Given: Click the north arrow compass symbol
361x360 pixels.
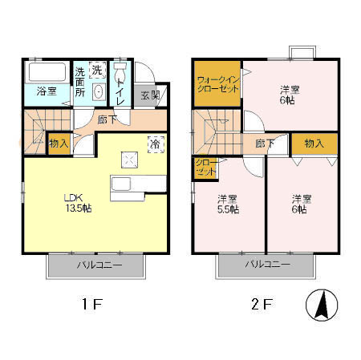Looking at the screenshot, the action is point(322,305).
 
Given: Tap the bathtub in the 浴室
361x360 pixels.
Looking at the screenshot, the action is point(47,71).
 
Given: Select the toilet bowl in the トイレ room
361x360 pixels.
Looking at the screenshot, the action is point(120,72).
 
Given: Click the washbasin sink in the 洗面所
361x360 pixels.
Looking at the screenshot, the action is point(99,91).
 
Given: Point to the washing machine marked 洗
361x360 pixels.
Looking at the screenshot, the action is point(97,70).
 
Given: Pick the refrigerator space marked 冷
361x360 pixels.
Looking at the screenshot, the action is point(156,144).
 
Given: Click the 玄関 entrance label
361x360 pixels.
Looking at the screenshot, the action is point(150,95).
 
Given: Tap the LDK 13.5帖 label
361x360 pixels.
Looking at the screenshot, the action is point(77,203).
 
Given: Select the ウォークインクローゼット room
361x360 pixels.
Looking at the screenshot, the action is point(217,84).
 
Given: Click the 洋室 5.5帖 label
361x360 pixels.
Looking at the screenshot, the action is point(228,204).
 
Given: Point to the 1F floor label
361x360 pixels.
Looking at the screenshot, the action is point(92,304).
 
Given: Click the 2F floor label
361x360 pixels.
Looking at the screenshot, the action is point(262,304).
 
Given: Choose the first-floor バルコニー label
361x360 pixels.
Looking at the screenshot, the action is point(99,265).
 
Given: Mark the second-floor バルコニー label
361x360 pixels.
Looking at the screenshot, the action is point(268,265).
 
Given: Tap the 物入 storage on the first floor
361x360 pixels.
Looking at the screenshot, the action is point(59,144).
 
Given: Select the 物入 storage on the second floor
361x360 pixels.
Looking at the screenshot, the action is point(314,144).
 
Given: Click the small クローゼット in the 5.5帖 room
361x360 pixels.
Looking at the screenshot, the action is point(205,168).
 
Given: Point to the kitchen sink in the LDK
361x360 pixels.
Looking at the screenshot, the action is point(121,184).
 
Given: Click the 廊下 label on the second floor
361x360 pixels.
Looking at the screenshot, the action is point(265,144).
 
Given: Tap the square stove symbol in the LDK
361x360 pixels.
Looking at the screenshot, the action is point(130,160).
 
